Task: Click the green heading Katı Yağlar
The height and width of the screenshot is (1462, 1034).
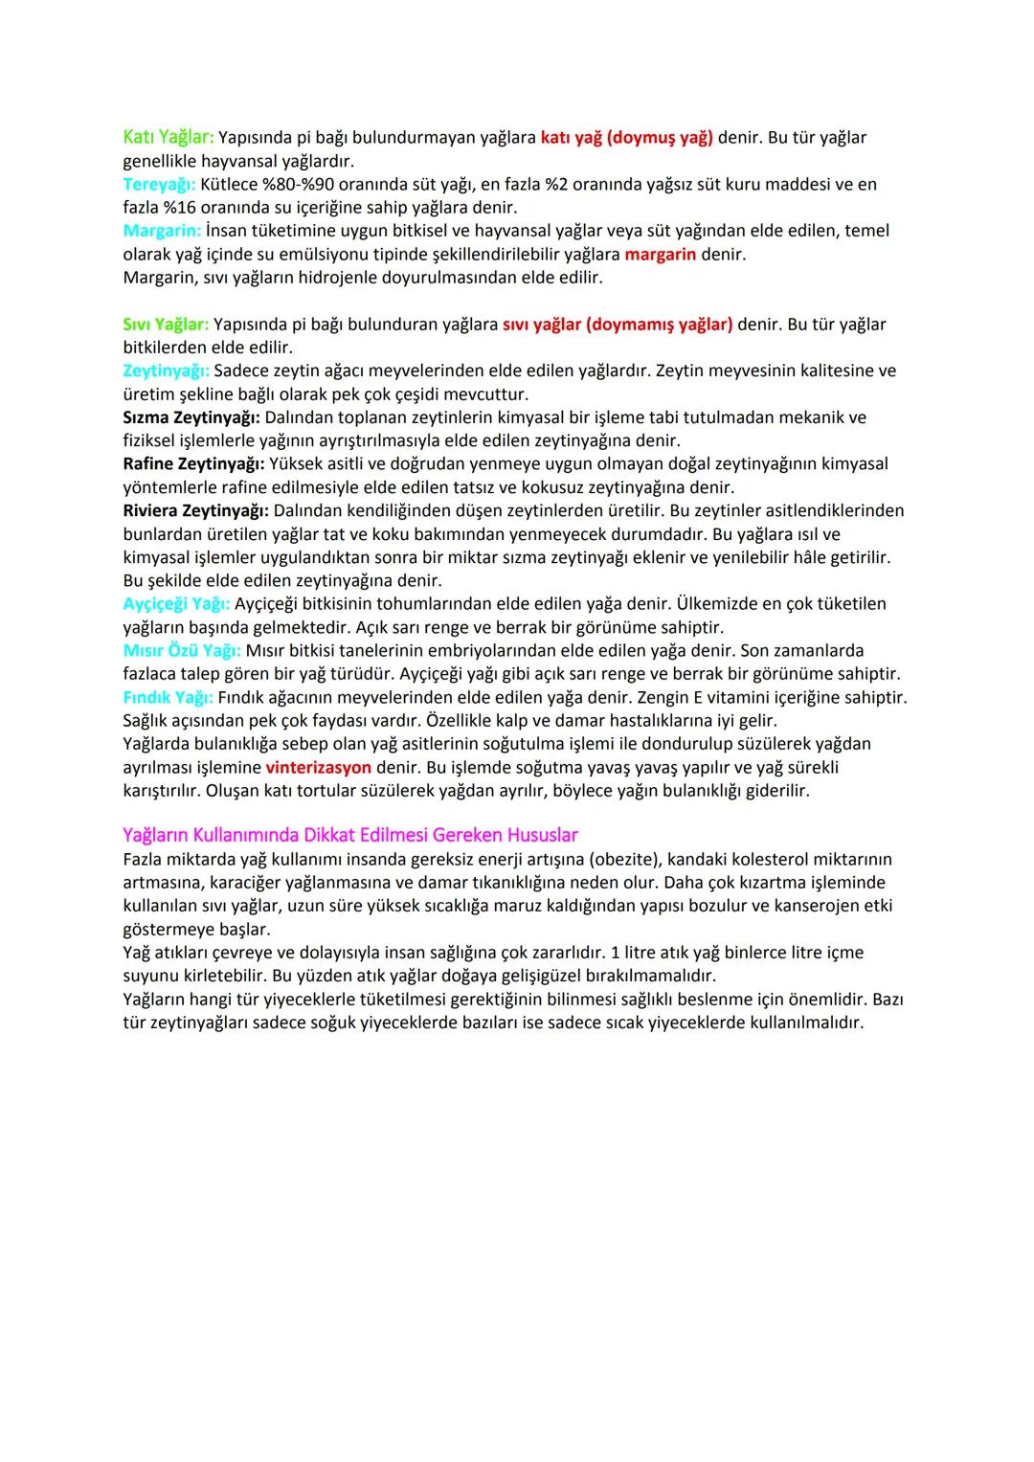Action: [x=169, y=137]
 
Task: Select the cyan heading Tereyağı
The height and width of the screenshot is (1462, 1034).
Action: [x=159, y=184]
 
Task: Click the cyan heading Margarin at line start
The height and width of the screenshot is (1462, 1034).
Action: [x=162, y=231]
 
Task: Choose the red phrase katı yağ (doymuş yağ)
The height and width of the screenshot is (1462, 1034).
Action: [x=626, y=137]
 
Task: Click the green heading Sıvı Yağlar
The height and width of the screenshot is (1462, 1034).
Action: [x=166, y=325]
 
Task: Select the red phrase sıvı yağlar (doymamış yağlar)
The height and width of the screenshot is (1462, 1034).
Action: [x=618, y=325]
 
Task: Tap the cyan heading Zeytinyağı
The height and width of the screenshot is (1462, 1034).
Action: [x=166, y=371]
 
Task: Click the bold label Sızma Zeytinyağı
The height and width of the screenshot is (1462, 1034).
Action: [x=191, y=417]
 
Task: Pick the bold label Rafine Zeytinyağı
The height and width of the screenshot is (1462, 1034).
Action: [x=193, y=463]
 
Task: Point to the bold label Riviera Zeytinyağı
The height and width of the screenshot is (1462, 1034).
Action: [x=196, y=510]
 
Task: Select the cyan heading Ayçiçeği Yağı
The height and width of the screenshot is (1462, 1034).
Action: [x=176, y=604]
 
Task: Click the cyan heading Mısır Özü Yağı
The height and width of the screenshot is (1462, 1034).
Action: [x=182, y=651]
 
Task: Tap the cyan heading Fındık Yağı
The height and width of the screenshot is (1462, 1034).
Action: [x=168, y=697]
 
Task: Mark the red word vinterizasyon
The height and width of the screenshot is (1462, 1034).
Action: [x=318, y=767]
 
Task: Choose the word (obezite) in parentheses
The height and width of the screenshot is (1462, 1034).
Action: [x=624, y=859]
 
